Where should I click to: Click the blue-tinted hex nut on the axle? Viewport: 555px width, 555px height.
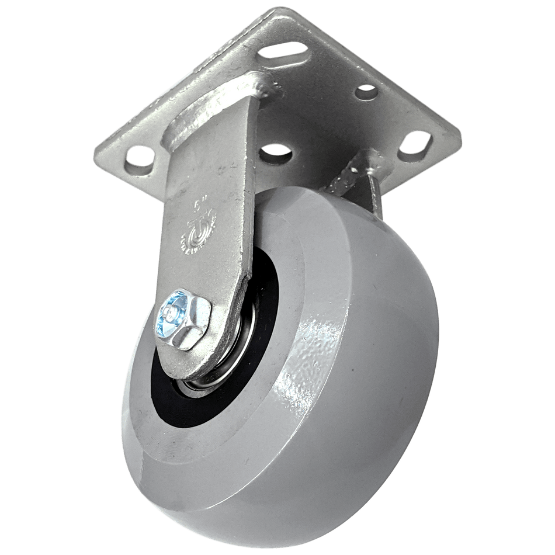183,322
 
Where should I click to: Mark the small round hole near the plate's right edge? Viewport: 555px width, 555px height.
366,91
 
